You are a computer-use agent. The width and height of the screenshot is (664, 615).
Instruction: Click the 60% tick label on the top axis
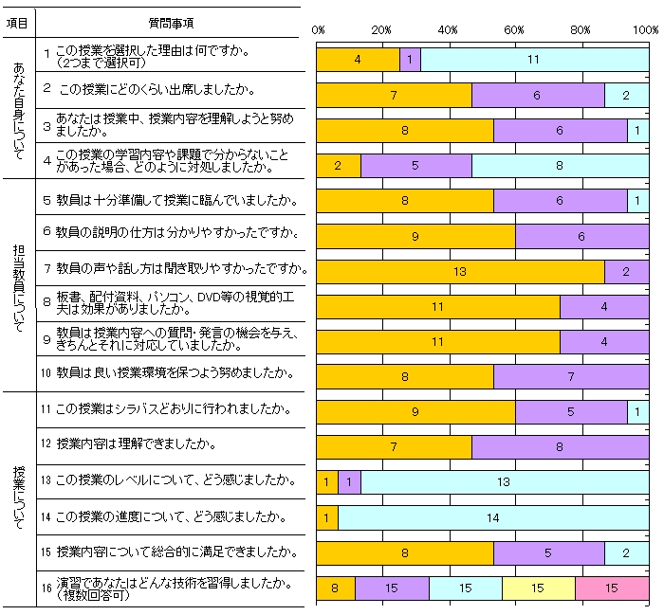tap(515, 30)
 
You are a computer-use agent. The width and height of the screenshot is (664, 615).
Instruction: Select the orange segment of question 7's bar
tap(460, 271)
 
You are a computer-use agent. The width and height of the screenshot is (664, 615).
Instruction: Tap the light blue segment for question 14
tap(493, 517)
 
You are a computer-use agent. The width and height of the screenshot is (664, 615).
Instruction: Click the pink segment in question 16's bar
tap(612, 588)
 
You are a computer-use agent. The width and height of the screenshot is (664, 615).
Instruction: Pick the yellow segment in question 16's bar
tap(538, 588)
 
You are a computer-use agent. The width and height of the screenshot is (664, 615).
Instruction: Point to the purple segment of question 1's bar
tap(410, 60)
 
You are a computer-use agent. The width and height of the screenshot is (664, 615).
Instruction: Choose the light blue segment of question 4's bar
tap(560, 166)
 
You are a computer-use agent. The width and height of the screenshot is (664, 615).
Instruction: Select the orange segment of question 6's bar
tap(415, 236)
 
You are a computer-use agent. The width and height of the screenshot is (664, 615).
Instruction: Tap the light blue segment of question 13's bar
tap(505, 482)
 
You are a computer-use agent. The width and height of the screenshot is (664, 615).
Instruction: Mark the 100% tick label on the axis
tap(646, 30)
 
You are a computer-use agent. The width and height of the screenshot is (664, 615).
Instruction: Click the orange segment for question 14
tap(326, 517)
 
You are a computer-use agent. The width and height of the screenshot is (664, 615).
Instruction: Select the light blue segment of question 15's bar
tap(626, 552)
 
